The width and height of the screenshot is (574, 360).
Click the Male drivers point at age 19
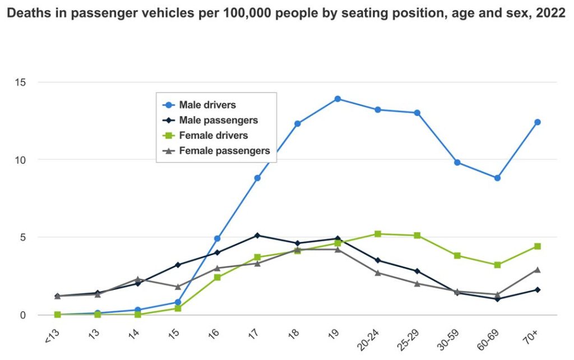[x=337, y=99]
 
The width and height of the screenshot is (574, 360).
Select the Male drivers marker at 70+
[x=537, y=122]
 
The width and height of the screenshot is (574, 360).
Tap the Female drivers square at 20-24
[x=377, y=234]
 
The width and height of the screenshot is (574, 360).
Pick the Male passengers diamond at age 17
[x=257, y=236]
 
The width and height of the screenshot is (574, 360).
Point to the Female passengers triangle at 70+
[x=537, y=270]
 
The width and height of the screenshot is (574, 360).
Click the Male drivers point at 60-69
[x=497, y=178]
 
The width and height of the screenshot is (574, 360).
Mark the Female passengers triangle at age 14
[x=137, y=279]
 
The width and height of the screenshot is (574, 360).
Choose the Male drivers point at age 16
[x=217, y=238]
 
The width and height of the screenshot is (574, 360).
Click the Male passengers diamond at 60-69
[x=497, y=299]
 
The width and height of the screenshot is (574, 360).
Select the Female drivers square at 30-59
[x=457, y=256]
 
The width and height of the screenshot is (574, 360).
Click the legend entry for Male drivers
[x=207, y=105]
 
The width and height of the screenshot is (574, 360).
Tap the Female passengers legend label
[x=224, y=150]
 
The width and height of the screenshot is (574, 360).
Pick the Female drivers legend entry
[x=213, y=135]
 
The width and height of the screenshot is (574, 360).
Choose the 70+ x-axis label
[x=532, y=335]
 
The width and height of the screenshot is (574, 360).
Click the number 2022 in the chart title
[x=550, y=13]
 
